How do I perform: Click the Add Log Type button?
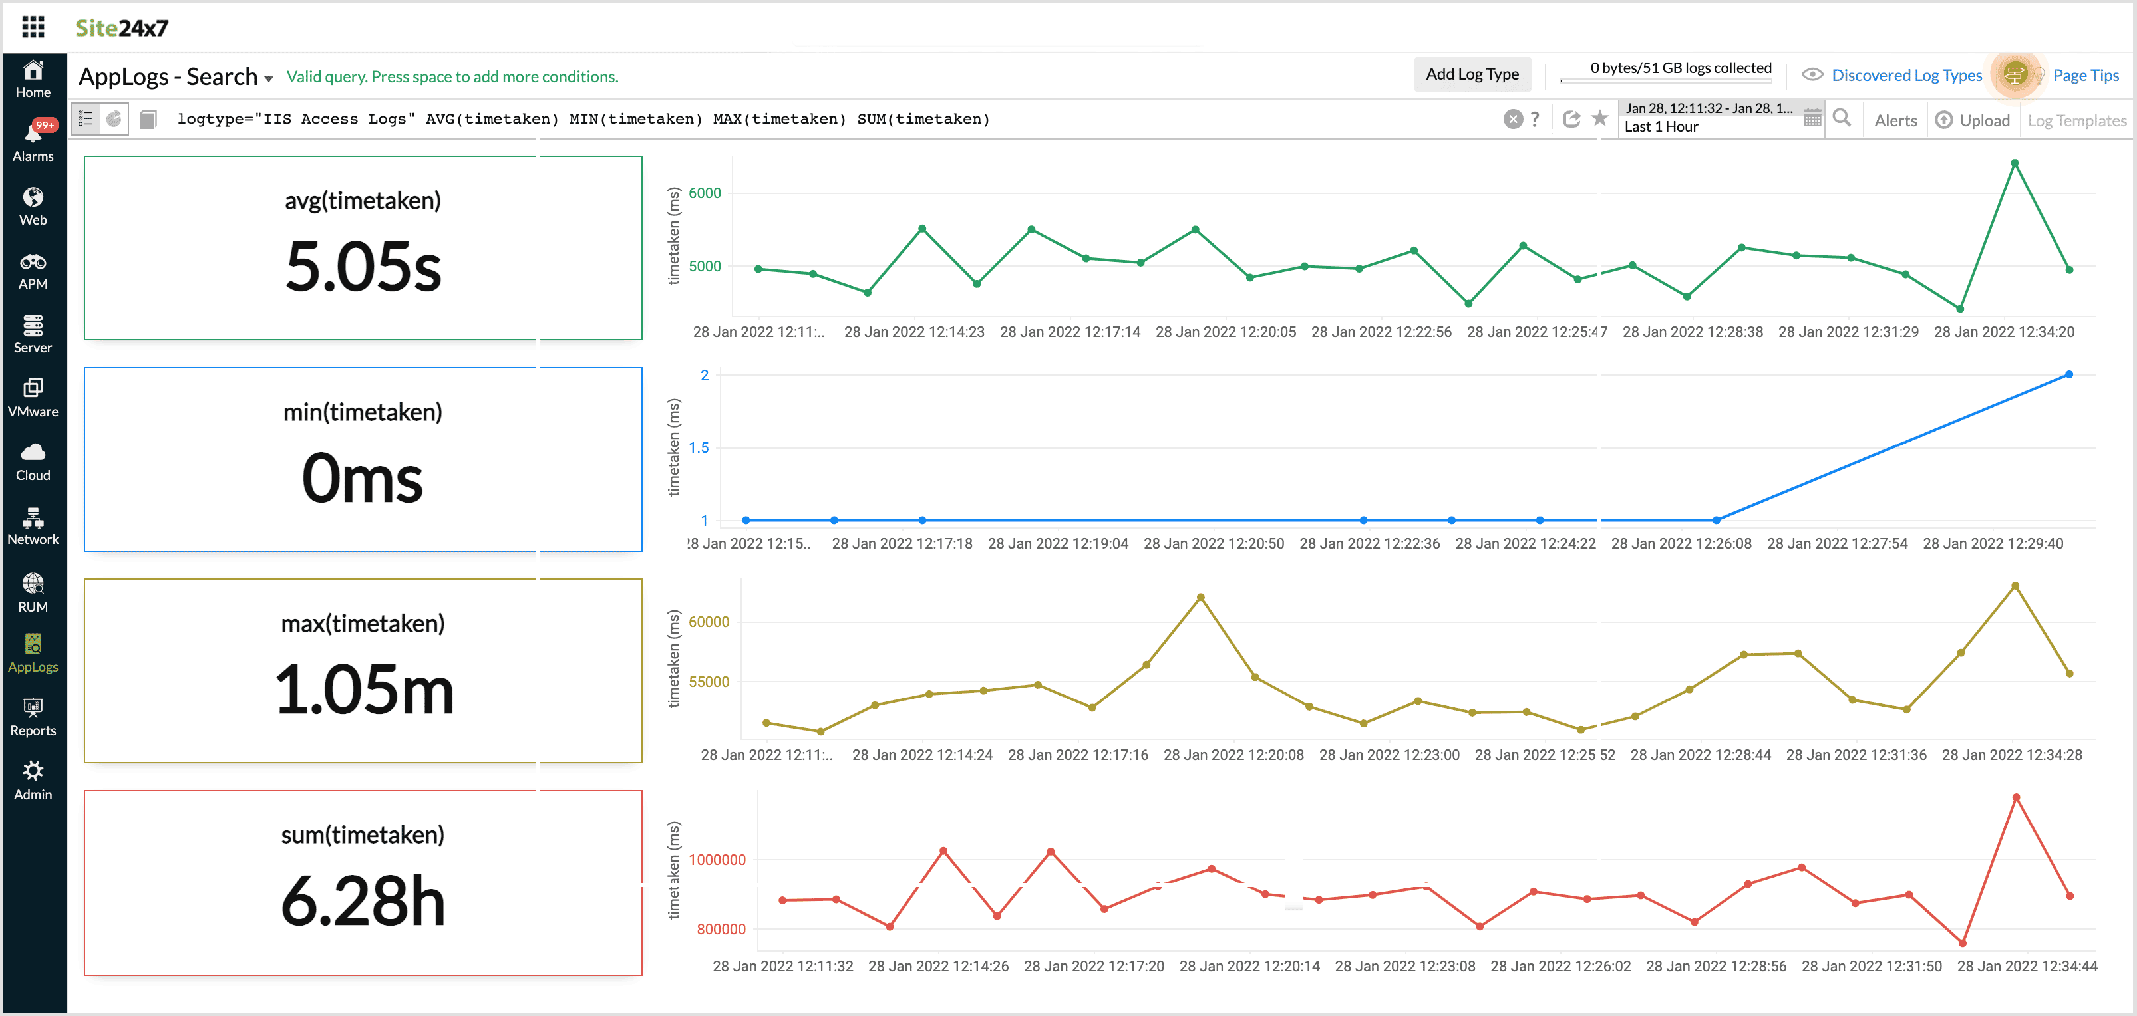[1472, 74]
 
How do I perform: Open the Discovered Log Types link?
[1906, 76]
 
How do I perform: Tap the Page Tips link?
[2086, 76]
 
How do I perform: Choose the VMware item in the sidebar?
[33, 397]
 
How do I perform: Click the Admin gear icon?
[33, 771]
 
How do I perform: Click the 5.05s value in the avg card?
[363, 267]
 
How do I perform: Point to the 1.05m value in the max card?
[363, 690]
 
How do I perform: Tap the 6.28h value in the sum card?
[363, 902]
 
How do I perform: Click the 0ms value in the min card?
[363, 479]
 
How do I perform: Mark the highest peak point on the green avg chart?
[2014, 164]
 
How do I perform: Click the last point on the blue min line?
[2069, 374]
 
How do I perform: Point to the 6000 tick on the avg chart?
[705, 193]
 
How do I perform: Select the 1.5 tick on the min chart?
[699, 448]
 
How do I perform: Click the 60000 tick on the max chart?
[709, 622]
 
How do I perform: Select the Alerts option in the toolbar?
[1895, 120]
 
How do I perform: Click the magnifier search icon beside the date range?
[1842, 118]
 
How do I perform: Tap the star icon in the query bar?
[1600, 118]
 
